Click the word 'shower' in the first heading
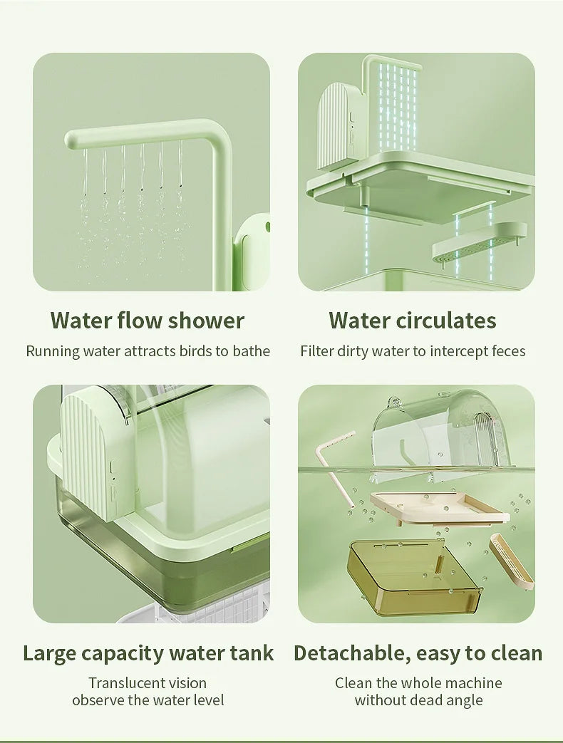click(206, 321)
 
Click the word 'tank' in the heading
click(252, 653)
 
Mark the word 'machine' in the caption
click(474, 683)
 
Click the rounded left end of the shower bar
click(71, 141)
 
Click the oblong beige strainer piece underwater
click(511, 561)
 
